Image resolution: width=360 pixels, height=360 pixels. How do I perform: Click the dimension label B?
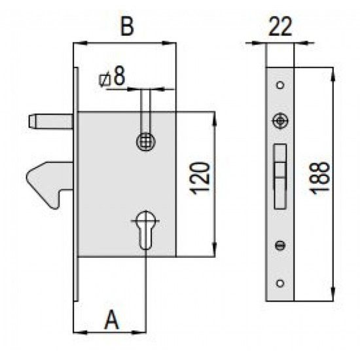(x=127, y=27)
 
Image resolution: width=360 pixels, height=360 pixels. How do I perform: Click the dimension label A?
(x=112, y=319)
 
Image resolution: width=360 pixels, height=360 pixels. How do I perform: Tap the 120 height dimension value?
(x=199, y=179)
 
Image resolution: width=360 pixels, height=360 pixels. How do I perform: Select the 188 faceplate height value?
(x=319, y=178)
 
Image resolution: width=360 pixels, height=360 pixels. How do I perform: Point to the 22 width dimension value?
(x=280, y=27)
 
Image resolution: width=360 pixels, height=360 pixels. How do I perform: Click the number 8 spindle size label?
(x=120, y=75)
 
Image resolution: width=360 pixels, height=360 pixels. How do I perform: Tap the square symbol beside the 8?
(x=105, y=81)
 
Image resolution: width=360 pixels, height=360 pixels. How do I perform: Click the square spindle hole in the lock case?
(x=146, y=141)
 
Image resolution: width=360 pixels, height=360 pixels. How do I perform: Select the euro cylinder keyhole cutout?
(x=145, y=230)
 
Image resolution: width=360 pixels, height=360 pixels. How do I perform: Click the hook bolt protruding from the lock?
(x=49, y=183)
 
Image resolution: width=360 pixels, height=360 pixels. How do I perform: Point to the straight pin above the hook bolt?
(x=51, y=122)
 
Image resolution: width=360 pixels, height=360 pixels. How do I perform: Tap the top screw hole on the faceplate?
(x=280, y=85)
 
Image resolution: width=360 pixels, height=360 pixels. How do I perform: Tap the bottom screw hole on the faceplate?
(x=280, y=283)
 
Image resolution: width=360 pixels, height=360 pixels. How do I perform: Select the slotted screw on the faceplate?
(x=280, y=245)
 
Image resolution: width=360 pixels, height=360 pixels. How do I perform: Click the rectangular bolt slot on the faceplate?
(x=280, y=177)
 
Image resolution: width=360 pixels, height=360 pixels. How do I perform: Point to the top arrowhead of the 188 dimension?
(x=333, y=74)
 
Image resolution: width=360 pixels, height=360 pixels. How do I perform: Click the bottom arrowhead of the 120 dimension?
(x=215, y=250)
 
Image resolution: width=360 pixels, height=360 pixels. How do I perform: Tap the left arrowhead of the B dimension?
(x=81, y=43)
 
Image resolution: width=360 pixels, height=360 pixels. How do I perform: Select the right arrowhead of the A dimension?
(x=139, y=333)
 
